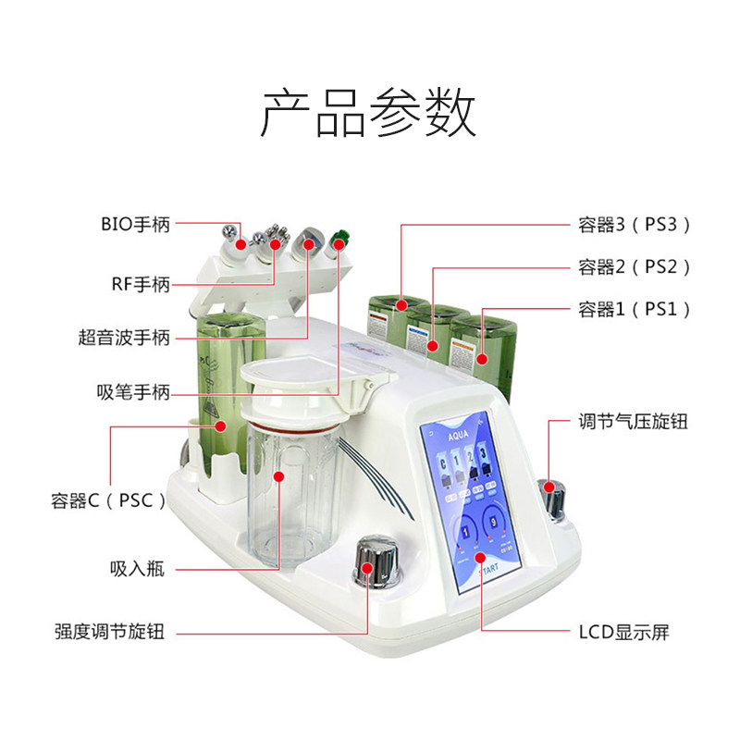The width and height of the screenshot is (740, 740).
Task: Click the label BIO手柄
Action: pos(136,224)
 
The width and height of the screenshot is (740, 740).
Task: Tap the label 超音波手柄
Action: pos(124,338)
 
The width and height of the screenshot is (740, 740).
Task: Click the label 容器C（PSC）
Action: pos(108,500)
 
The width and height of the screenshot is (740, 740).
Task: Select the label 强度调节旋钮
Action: pos(109,633)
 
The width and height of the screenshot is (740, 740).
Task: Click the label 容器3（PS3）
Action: pos(635,224)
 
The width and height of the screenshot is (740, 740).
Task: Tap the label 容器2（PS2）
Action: pos(635,267)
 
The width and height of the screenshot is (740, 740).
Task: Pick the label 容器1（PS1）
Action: pos(635,309)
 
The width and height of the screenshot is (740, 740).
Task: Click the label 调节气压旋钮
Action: pos(634,422)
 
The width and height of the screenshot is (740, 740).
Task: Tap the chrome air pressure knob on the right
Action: pos(554,497)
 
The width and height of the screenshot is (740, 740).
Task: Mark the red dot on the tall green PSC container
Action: pos(221,426)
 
